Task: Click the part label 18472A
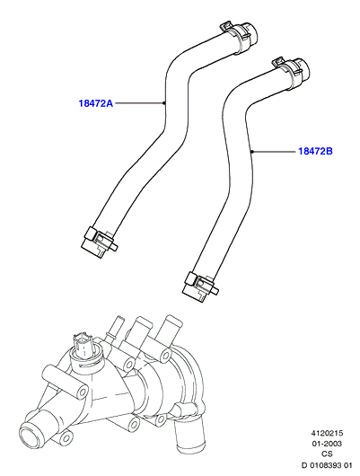[96, 103]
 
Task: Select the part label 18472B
[315, 151]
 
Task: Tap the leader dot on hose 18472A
[164, 103]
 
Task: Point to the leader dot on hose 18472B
[252, 151]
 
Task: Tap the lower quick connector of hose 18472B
[199, 286]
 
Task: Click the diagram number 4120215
[326, 433]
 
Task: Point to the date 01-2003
[327, 444]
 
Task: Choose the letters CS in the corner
[327, 454]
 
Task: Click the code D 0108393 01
[326, 465]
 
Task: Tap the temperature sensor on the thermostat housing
[83, 346]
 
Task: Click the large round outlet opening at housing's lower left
[31, 436]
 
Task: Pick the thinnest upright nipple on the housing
[117, 327]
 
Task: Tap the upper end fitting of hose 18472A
[250, 31]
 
